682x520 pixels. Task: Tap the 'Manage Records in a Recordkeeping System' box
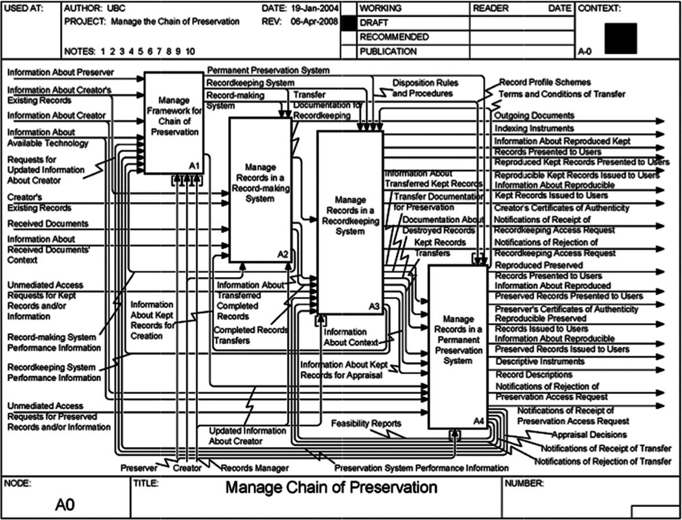point(350,220)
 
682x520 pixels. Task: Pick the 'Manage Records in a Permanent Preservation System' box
point(457,347)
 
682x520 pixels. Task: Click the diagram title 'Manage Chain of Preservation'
point(331,487)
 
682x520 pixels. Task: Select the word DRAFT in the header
point(374,23)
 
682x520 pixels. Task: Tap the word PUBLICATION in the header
point(388,51)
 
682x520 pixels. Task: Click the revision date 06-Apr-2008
point(315,22)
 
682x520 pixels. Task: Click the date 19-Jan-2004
point(315,9)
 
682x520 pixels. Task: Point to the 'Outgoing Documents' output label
point(534,116)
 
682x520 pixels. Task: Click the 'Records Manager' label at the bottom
point(255,468)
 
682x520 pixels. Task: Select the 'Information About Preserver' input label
point(60,72)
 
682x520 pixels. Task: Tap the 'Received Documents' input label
point(48,224)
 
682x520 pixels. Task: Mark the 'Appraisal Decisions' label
point(589,434)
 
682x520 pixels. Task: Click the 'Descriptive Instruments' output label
point(540,362)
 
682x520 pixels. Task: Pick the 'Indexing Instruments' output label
point(534,128)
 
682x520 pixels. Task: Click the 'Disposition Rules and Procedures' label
point(422,88)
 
